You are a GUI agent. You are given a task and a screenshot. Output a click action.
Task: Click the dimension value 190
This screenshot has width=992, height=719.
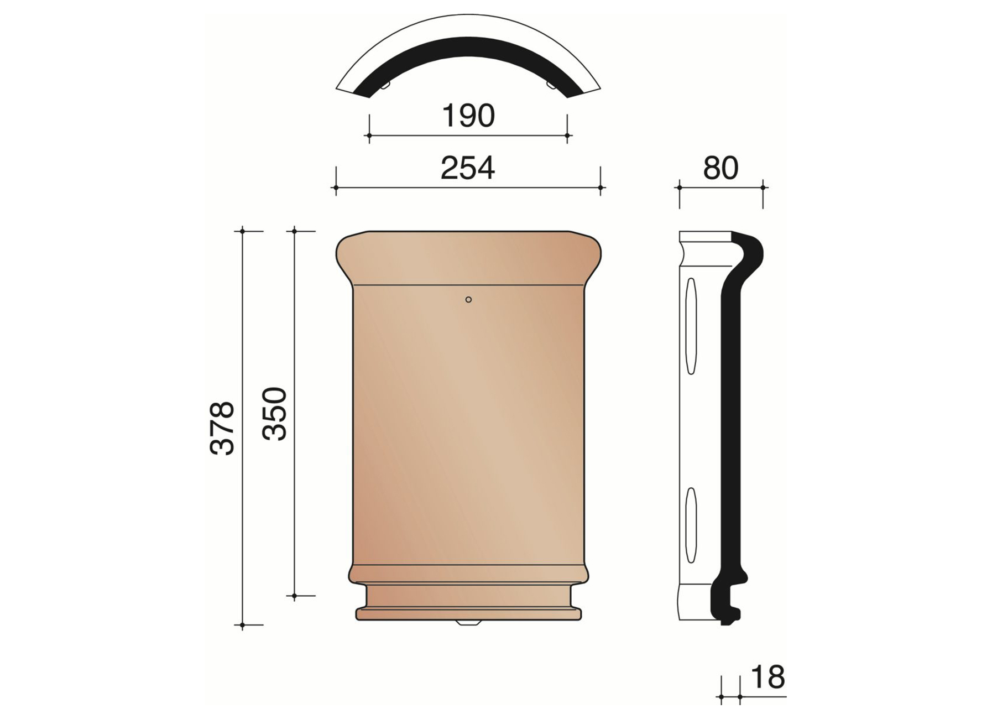(x=468, y=116)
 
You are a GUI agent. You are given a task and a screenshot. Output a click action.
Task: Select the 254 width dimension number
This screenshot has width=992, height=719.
(x=467, y=168)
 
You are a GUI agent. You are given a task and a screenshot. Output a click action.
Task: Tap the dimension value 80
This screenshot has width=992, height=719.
(x=720, y=168)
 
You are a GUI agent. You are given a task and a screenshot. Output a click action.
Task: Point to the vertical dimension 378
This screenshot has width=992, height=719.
(x=222, y=428)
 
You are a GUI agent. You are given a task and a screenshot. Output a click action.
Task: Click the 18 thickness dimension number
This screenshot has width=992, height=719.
(x=768, y=677)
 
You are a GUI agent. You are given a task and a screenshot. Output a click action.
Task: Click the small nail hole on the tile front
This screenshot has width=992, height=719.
(x=468, y=300)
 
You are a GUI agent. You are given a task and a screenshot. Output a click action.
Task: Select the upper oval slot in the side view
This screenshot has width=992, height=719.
(x=691, y=326)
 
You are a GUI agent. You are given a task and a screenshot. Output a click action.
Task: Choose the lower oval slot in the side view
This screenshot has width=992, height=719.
(x=690, y=525)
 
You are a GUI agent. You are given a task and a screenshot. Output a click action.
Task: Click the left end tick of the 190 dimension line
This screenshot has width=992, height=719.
(x=369, y=135)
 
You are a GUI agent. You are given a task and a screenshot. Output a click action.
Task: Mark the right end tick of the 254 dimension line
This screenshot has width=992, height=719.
(x=601, y=188)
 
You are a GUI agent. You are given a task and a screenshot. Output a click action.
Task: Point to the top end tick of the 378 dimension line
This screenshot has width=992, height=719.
(x=242, y=231)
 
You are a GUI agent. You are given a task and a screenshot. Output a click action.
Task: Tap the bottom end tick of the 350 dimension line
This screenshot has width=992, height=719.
(x=294, y=596)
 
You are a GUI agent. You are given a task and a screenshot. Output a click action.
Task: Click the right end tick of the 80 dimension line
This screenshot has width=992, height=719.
(x=763, y=188)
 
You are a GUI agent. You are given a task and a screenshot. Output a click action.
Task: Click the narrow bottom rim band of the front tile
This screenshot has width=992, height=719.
(x=468, y=614)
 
